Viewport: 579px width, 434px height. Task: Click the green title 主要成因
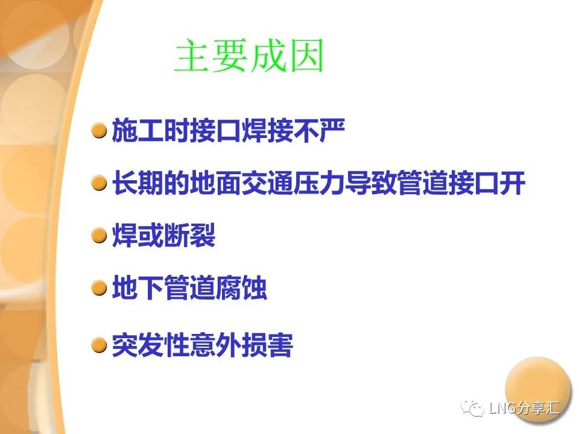tap(250, 55)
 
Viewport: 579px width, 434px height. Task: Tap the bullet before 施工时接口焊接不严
tap(99, 130)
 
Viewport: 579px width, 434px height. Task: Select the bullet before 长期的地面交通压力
tap(99, 183)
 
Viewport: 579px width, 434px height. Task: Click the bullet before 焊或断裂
tap(99, 235)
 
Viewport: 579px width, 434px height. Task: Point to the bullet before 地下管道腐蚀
tap(99, 288)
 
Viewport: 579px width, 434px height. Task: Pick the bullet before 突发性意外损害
tap(99, 345)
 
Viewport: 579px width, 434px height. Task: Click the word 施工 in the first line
tap(138, 130)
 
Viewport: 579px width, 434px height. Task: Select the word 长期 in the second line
tap(138, 183)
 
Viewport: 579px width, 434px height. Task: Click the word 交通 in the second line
tap(267, 183)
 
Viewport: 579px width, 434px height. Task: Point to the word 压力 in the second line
tap(319, 183)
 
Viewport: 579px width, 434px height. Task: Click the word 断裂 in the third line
tap(189, 235)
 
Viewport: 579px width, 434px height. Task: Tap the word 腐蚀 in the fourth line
tap(241, 288)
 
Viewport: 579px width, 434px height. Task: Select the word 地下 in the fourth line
tap(138, 288)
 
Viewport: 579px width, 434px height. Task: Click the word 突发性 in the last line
tap(151, 345)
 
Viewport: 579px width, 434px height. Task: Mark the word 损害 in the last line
tap(267, 345)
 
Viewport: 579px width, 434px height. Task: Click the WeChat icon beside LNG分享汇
tap(472, 408)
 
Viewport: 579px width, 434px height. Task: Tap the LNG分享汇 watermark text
tap(524, 407)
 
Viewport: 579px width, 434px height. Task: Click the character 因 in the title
tap(306, 55)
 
